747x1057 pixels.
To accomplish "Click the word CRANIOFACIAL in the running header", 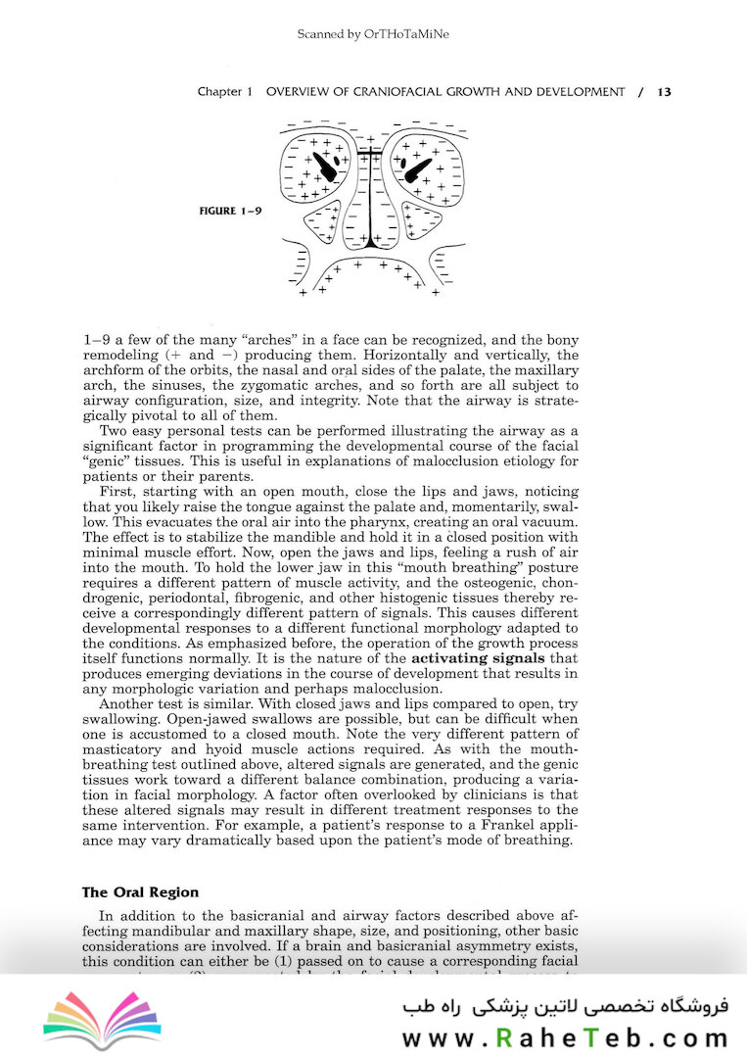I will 389,92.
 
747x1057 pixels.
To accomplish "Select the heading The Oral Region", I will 140,892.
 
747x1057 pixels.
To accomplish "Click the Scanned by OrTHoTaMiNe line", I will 373,35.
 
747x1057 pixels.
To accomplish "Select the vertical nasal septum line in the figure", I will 371,201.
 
